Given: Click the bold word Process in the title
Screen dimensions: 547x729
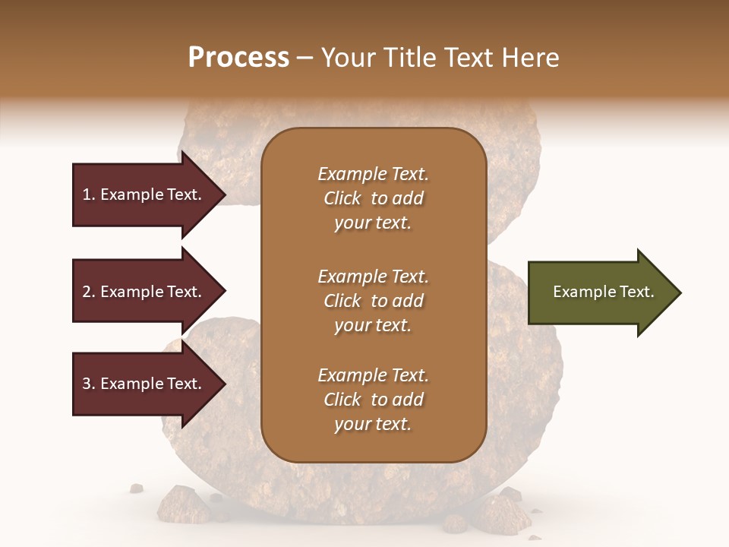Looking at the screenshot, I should [238, 58].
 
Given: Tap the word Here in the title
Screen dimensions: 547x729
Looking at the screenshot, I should [529, 58].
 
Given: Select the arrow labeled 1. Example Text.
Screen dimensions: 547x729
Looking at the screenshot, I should [144, 194].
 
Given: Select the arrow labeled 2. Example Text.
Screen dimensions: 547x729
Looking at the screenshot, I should [144, 292].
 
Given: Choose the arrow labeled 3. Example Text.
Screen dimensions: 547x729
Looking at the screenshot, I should [144, 384].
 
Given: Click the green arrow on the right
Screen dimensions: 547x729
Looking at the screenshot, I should [600, 292].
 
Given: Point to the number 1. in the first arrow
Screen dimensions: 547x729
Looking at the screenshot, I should [89, 194].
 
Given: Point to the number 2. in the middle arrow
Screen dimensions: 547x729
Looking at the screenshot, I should [89, 292].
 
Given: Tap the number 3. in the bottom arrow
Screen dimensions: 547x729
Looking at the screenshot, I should [89, 384].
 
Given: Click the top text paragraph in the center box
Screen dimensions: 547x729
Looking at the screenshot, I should [373, 198].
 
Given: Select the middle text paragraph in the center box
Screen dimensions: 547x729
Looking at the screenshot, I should [373, 300].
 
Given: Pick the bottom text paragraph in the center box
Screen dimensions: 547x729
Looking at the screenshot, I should [373, 400].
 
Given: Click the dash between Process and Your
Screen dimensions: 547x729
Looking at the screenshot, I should [305, 58].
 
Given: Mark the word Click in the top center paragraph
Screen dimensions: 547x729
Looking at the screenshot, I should [342, 198].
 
